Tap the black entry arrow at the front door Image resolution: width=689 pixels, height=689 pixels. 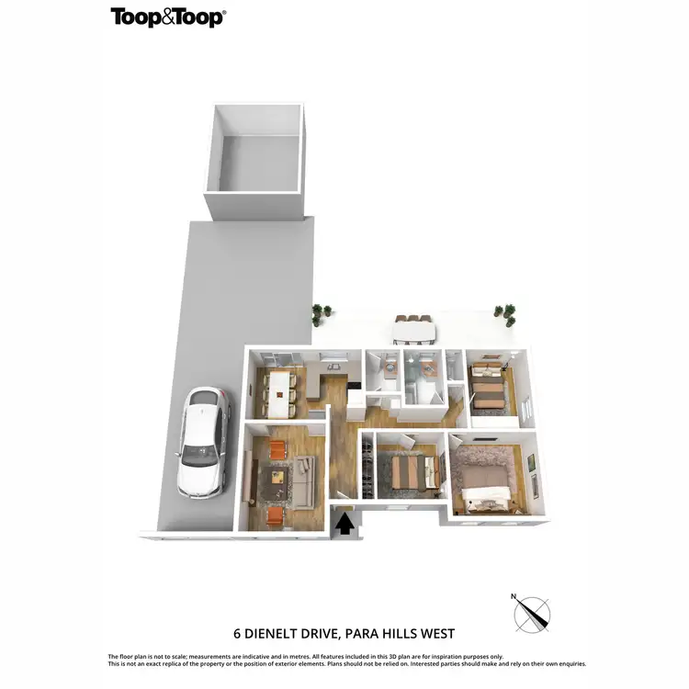(x=345, y=523)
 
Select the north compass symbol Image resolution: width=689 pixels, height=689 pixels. (x=532, y=613)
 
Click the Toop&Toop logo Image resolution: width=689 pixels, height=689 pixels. (x=168, y=17)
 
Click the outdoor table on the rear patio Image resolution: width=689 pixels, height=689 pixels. (x=412, y=329)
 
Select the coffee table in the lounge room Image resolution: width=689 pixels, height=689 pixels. (x=276, y=476)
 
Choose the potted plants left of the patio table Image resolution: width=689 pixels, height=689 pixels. (x=321, y=314)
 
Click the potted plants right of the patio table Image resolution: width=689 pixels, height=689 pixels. (x=505, y=313)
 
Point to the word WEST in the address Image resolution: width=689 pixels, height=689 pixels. (x=435, y=633)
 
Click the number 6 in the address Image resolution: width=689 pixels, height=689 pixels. (x=236, y=633)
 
